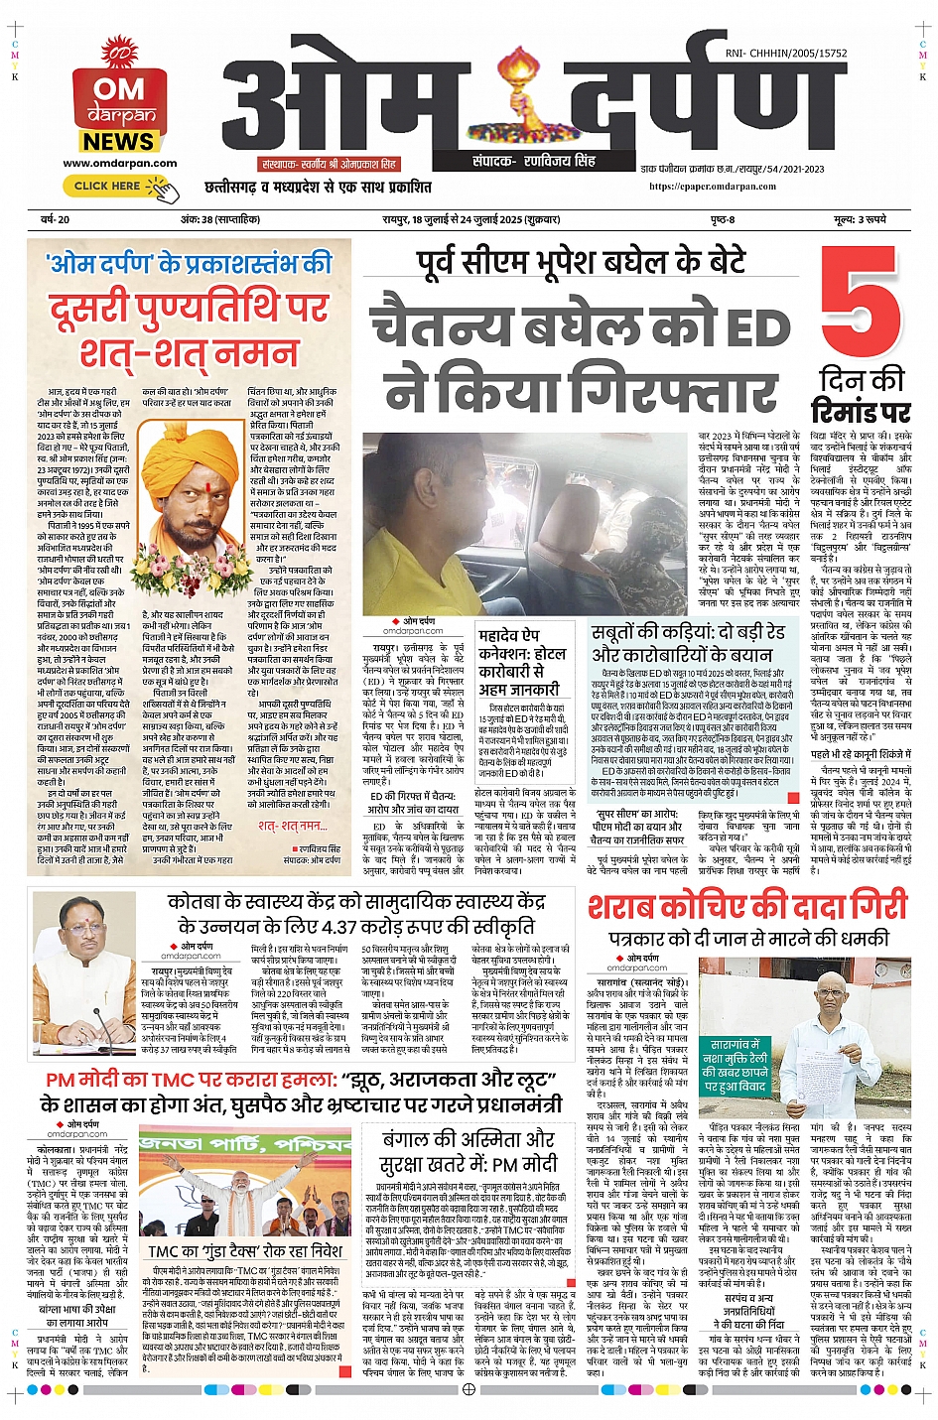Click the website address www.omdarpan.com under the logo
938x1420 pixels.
(119, 164)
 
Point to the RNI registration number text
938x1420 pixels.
(786, 54)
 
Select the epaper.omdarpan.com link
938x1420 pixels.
(713, 186)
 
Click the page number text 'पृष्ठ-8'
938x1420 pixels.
(723, 219)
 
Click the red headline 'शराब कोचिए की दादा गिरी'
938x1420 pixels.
(747, 907)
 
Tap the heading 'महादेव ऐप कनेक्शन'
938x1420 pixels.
(522, 644)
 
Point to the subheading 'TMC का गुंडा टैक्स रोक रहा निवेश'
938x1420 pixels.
(244, 1251)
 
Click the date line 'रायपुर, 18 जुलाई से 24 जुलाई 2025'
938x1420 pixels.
(470, 219)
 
